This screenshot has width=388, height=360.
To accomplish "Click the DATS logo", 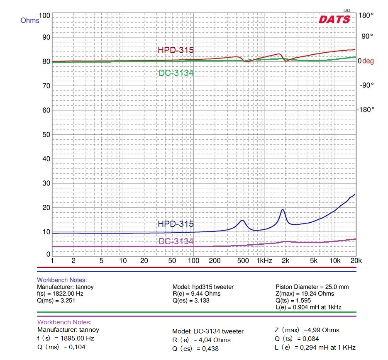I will coord(334,19).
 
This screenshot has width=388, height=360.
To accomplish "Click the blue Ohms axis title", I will coord(29,20).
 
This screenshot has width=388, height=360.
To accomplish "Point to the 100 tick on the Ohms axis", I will coord(44,16).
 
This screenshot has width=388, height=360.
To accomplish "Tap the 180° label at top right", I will coord(366,15).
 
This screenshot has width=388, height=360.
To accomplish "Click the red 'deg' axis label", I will coord(368,61).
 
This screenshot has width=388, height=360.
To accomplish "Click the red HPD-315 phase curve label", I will coord(176,50).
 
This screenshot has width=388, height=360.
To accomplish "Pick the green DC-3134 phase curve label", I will coord(176,73).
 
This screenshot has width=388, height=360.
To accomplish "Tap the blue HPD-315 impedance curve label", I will coord(176,224).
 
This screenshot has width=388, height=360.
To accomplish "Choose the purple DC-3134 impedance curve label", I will coord(176,241).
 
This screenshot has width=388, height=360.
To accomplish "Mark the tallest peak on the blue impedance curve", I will coord(283,209).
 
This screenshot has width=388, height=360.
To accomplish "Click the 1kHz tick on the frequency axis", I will coord(264,261).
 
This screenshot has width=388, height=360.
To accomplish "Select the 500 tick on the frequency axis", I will coord(243,261).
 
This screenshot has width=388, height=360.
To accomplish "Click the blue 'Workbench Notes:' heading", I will coord(62,280).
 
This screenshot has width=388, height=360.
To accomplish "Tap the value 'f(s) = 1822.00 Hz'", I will coord(60,293).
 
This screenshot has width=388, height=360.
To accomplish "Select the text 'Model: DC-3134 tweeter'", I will coord(208,331).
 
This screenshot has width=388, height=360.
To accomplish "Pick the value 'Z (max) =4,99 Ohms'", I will coord(307,330).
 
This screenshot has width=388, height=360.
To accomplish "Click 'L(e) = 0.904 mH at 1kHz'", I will coord(308,307).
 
